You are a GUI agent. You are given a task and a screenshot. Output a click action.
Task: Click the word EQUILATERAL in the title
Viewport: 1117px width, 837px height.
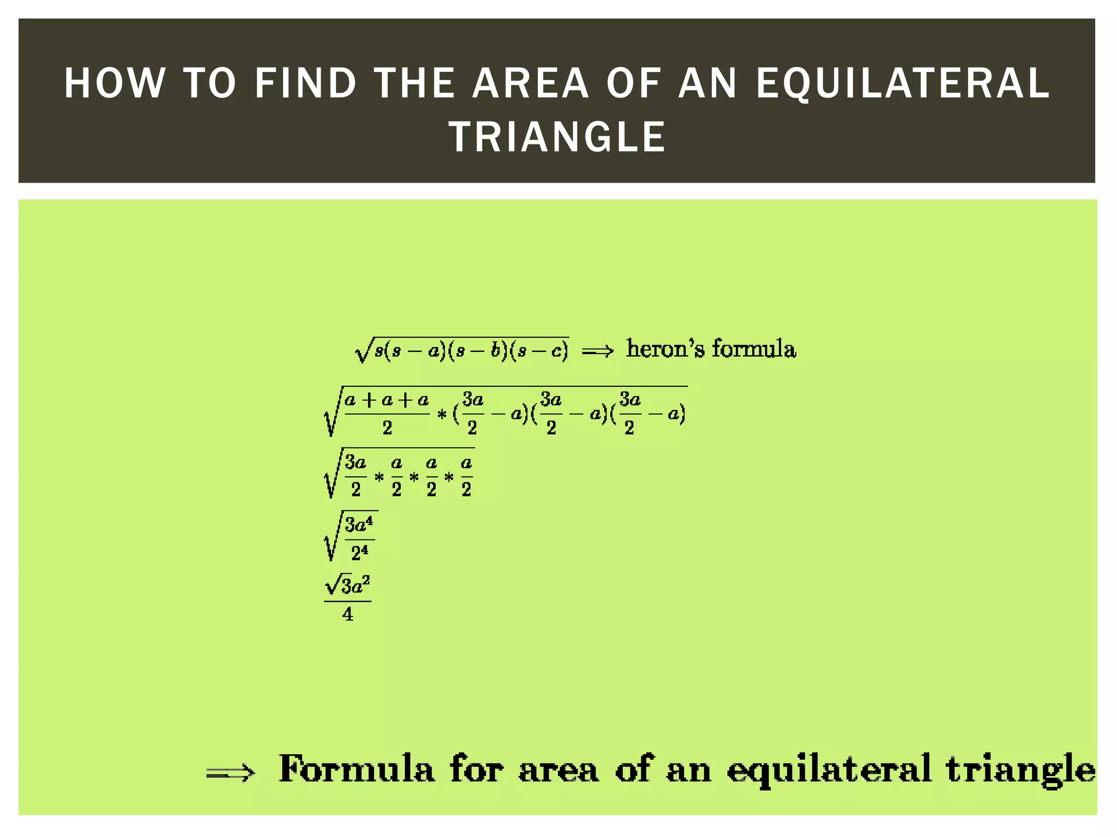tap(903, 83)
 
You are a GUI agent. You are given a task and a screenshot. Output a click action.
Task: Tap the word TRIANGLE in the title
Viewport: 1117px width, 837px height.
tap(557, 137)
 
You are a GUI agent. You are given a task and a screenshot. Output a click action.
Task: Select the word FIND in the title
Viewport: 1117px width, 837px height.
tap(305, 83)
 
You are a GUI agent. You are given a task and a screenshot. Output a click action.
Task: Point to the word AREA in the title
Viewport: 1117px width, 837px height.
tap(531, 83)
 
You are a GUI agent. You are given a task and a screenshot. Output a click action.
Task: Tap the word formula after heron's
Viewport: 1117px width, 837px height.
tap(754, 349)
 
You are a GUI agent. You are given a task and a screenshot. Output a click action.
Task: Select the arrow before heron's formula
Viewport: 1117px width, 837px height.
tap(598, 351)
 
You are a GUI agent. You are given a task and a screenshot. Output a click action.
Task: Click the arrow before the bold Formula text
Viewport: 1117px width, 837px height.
tap(230, 772)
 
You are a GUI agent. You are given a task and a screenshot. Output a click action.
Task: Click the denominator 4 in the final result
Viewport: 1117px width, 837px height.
tap(347, 615)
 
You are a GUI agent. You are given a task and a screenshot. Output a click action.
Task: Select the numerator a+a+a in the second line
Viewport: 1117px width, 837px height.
tap(387, 401)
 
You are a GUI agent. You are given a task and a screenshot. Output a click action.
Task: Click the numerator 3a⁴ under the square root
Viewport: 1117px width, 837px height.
tap(359, 525)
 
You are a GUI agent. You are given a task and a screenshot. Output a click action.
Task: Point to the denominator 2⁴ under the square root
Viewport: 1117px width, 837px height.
tap(359, 553)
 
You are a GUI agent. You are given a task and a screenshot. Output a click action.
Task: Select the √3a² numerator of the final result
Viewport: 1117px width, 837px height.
tap(348, 586)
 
